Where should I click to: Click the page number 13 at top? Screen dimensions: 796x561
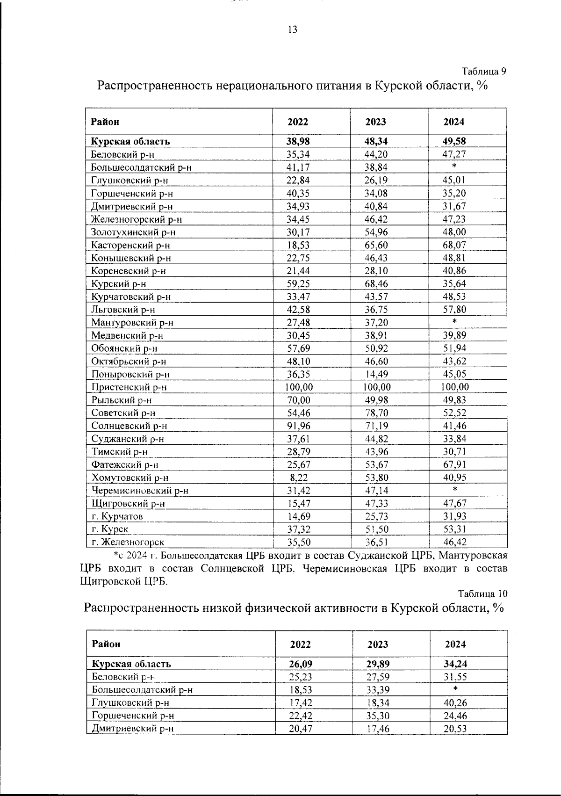(292, 30)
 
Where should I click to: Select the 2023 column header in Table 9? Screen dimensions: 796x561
(376, 122)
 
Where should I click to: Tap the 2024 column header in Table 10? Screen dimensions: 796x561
(455, 644)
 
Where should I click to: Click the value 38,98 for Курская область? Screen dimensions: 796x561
(298, 141)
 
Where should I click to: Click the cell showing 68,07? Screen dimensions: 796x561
(454, 245)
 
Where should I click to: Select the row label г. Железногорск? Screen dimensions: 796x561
(128, 543)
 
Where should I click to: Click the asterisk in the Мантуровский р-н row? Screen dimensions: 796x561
(454, 322)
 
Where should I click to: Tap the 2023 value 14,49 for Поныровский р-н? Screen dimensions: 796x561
(376, 374)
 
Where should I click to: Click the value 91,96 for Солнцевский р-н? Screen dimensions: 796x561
(299, 426)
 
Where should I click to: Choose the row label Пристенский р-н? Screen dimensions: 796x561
(129, 387)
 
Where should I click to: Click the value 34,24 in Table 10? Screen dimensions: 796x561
(455, 664)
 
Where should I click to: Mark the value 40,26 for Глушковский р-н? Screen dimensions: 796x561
(455, 703)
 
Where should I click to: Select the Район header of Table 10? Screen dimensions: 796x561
(106, 644)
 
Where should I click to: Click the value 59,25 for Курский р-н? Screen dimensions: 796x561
(299, 284)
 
